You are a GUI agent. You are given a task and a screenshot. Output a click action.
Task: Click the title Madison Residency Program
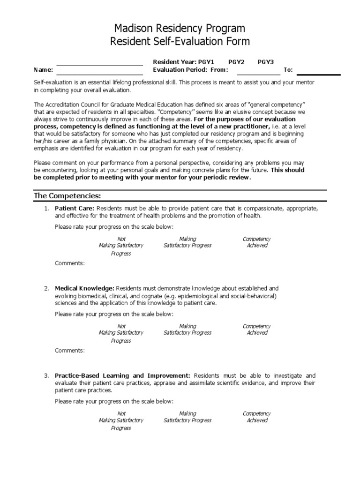point(180,29)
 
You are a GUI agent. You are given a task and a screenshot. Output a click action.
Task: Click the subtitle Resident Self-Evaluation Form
point(180,42)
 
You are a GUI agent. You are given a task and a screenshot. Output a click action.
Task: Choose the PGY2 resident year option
point(236,62)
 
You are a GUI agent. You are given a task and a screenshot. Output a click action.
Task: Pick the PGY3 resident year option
point(266,62)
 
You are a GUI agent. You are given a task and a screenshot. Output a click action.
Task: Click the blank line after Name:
point(99,71)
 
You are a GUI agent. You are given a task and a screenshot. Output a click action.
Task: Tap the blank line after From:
point(258,71)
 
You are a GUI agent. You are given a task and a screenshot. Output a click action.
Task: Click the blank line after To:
point(318,71)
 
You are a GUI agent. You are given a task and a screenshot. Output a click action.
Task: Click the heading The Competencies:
point(67,195)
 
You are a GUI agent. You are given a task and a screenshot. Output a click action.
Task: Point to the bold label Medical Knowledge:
point(84,288)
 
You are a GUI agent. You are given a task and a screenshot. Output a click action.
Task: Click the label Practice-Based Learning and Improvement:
point(122,375)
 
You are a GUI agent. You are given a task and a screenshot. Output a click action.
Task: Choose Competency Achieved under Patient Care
point(257,242)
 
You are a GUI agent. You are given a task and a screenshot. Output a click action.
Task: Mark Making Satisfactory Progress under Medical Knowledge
point(187,330)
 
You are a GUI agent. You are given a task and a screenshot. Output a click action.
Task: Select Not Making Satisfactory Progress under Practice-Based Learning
point(121,420)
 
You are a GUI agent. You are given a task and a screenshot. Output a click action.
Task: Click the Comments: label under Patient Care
point(70,263)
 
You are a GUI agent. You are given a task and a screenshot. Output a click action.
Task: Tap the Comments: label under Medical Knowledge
point(70,351)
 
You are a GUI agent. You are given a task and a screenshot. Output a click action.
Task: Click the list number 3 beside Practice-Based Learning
point(46,376)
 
